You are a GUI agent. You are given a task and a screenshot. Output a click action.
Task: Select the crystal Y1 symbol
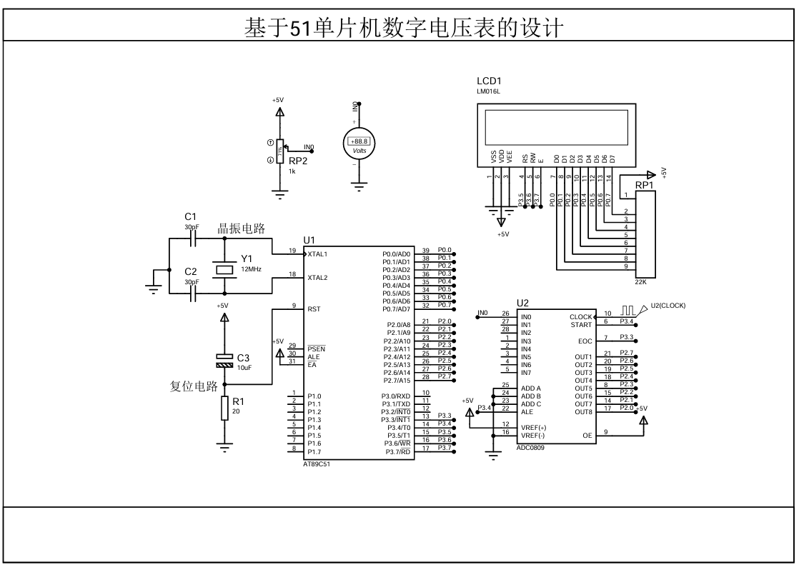click(x=225, y=269)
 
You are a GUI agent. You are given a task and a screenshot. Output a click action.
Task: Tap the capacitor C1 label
click(x=190, y=216)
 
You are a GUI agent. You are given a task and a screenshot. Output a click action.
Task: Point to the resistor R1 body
click(x=225, y=408)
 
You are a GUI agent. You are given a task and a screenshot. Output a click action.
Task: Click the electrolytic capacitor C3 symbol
click(x=225, y=359)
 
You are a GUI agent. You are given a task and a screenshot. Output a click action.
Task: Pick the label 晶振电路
click(x=241, y=229)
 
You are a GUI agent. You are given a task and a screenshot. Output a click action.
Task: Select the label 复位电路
click(x=193, y=387)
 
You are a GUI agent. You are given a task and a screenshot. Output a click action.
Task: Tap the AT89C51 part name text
click(x=317, y=463)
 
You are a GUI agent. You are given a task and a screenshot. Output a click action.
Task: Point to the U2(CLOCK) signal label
click(x=667, y=306)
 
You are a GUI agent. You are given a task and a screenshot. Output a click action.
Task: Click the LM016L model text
click(x=490, y=92)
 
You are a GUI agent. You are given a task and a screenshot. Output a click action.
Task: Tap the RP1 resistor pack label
click(x=645, y=186)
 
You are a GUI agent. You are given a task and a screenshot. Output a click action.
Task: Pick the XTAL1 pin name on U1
click(x=318, y=254)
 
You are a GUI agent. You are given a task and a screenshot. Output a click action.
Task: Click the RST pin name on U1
click(x=314, y=309)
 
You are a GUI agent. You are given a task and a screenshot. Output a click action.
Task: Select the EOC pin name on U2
click(x=585, y=341)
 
